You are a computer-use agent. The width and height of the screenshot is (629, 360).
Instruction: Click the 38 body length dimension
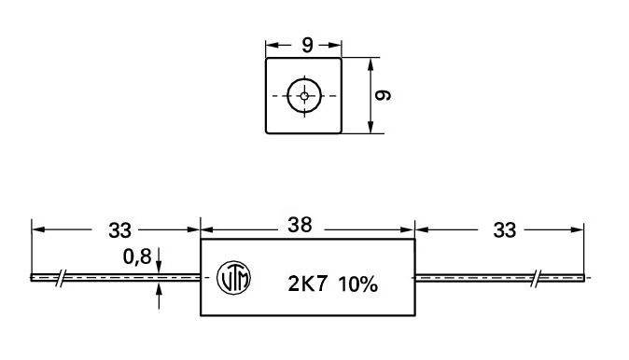[x=300, y=226]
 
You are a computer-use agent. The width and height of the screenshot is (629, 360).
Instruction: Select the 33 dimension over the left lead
[x=119, y=230]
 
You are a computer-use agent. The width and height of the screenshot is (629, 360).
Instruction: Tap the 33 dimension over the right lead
[x=504, y=230]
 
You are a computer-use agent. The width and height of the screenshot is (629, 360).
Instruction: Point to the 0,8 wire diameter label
[x=137, y=256]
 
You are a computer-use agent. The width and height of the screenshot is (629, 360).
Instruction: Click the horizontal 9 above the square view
[x=307, y=46]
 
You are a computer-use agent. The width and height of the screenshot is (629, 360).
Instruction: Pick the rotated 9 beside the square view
[x=382, y=95]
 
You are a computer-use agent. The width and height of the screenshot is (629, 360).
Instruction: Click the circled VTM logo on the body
[x=233, y=278]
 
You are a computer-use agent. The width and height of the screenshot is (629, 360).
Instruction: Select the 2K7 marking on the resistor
[x=307, y=284]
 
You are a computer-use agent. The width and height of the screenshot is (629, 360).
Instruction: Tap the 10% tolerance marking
[x=357, y=284]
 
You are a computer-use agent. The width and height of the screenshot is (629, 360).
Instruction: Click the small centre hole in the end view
[x=304, y=96]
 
